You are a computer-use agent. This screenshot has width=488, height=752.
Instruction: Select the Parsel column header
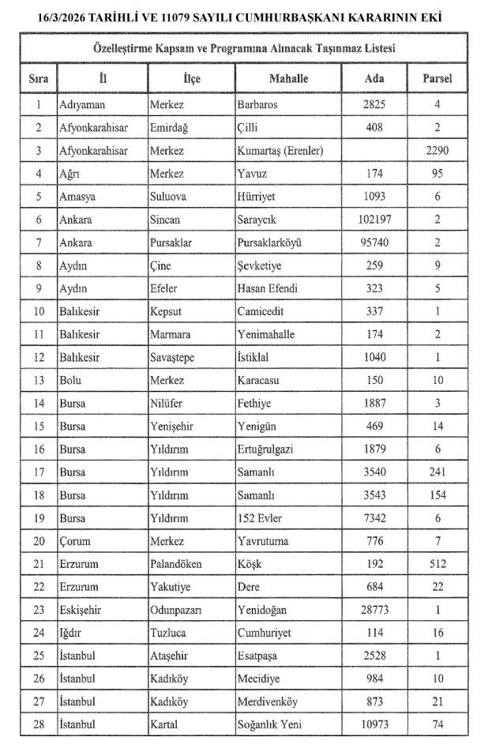437,78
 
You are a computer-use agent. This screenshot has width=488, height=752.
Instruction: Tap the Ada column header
374,78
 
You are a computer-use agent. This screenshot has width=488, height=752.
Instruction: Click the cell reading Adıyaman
82,103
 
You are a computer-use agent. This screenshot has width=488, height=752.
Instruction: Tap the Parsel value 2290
437,149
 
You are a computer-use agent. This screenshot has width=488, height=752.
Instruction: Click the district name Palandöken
176,564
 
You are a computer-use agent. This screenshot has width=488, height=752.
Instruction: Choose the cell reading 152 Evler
261,518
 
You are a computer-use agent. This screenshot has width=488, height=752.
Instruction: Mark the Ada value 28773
374,610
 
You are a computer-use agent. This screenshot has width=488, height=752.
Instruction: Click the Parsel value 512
437,564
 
